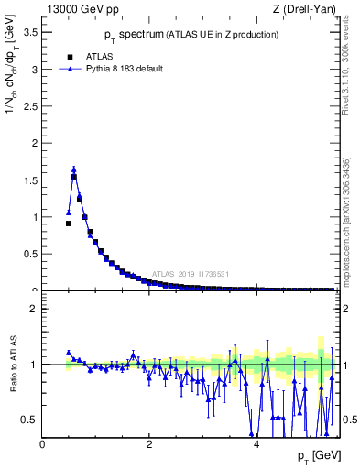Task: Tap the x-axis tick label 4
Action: pos(257,444)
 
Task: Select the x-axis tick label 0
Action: pos(42,444)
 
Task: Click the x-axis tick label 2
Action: pos(149,444)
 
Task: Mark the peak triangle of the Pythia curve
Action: pos(74,169)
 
